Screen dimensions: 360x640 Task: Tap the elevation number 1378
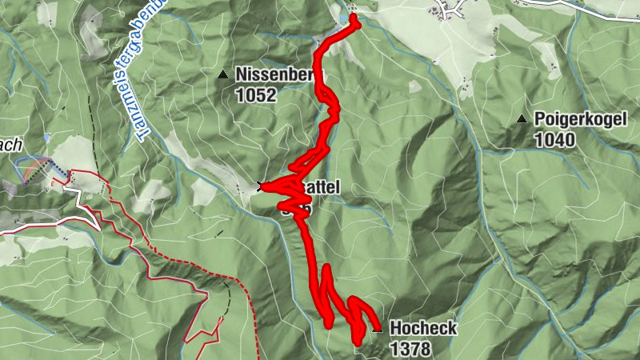[410, 349]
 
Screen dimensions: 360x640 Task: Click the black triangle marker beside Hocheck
[378, 328]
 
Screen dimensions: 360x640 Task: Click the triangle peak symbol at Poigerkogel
[522, 120]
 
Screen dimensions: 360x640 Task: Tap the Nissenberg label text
[273, 75]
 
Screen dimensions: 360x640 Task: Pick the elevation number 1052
[255, 96]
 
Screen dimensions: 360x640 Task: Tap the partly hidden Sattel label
[324, 187]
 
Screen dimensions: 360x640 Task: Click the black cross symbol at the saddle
[260, 186]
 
